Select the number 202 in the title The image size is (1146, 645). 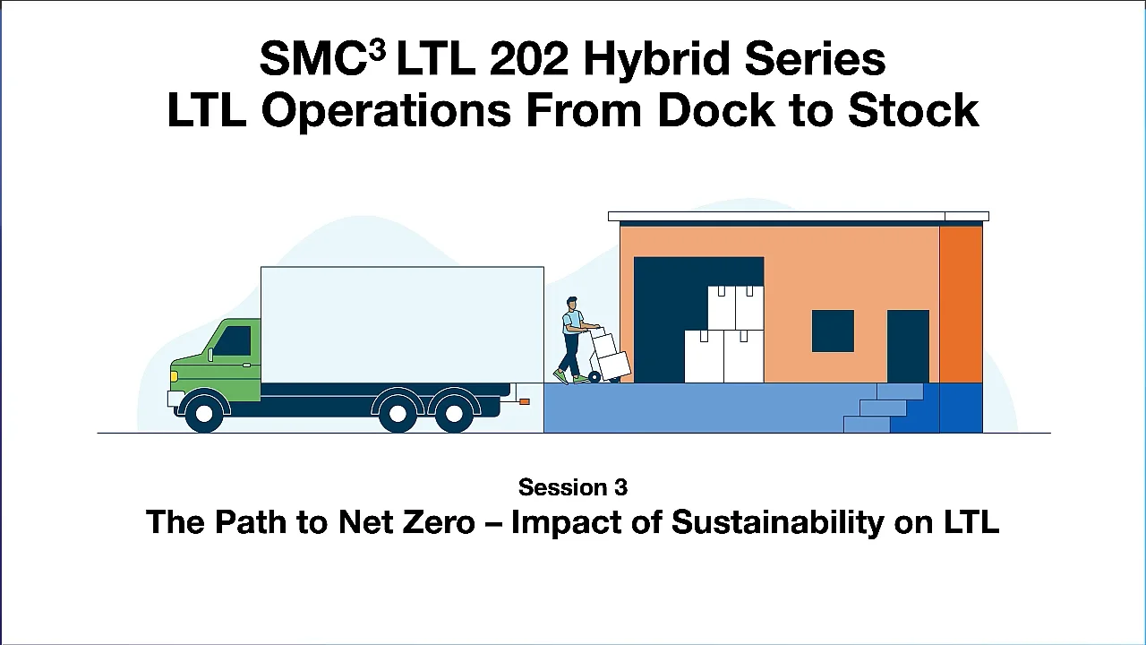point(528,60)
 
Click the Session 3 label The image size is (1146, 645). point(573,487)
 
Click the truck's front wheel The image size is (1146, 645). point(204,413)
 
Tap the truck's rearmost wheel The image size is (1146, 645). point(453,413)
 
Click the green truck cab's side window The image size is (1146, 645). point(234,340)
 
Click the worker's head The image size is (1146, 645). point(570,304)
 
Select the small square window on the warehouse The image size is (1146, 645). point(833,331)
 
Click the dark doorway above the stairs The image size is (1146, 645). point(908,346)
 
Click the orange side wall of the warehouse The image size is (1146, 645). point(961,304)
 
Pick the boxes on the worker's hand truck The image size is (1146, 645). point(610,355)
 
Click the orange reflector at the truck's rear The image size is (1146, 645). point(524,401)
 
